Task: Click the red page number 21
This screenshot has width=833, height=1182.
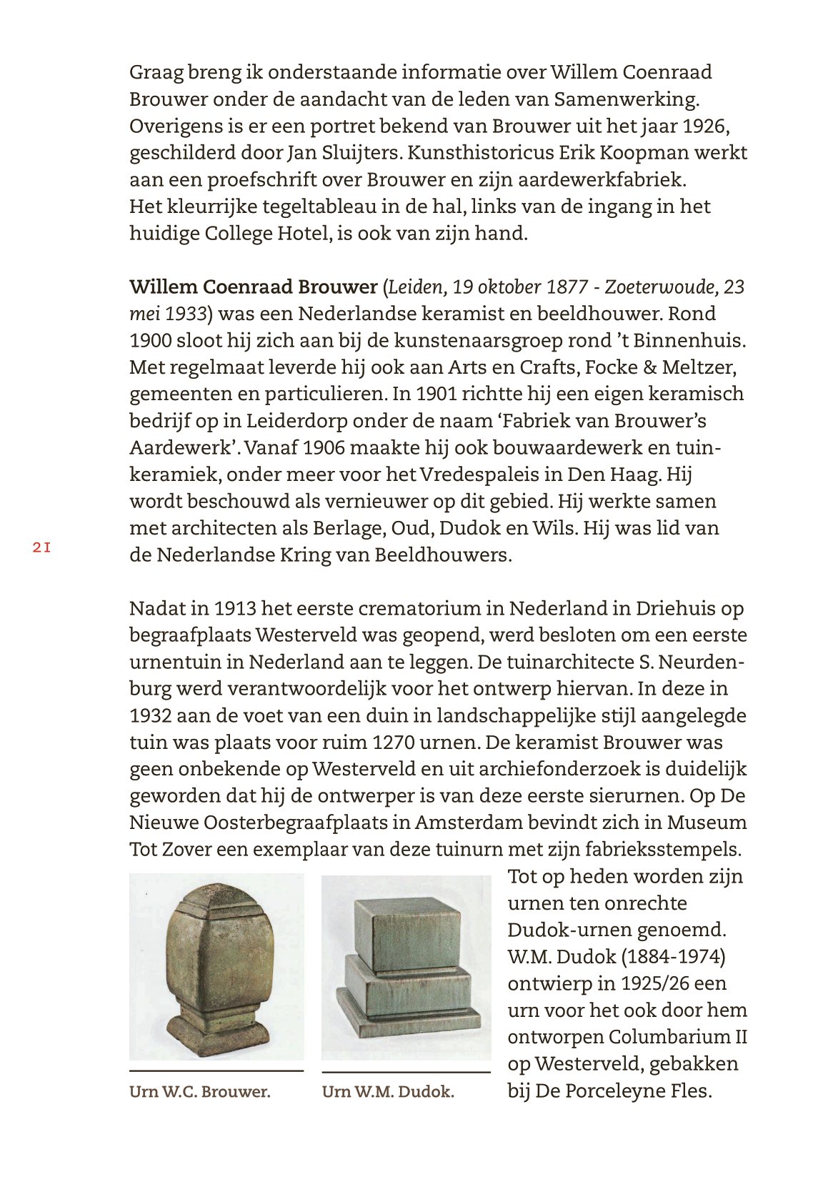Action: coord(41,548)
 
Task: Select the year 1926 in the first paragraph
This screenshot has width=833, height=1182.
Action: coord(706,126)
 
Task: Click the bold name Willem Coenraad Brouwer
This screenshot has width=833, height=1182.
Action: coord(253,287)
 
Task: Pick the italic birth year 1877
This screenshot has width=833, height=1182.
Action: coord(568,287)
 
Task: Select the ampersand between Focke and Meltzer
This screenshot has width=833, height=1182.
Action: coord(647,367)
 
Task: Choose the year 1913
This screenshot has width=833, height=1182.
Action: coord(233,608)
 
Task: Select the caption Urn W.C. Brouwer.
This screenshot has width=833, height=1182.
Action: coord(200,1092)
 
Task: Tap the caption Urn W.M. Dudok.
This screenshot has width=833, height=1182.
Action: coord(388,1092)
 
